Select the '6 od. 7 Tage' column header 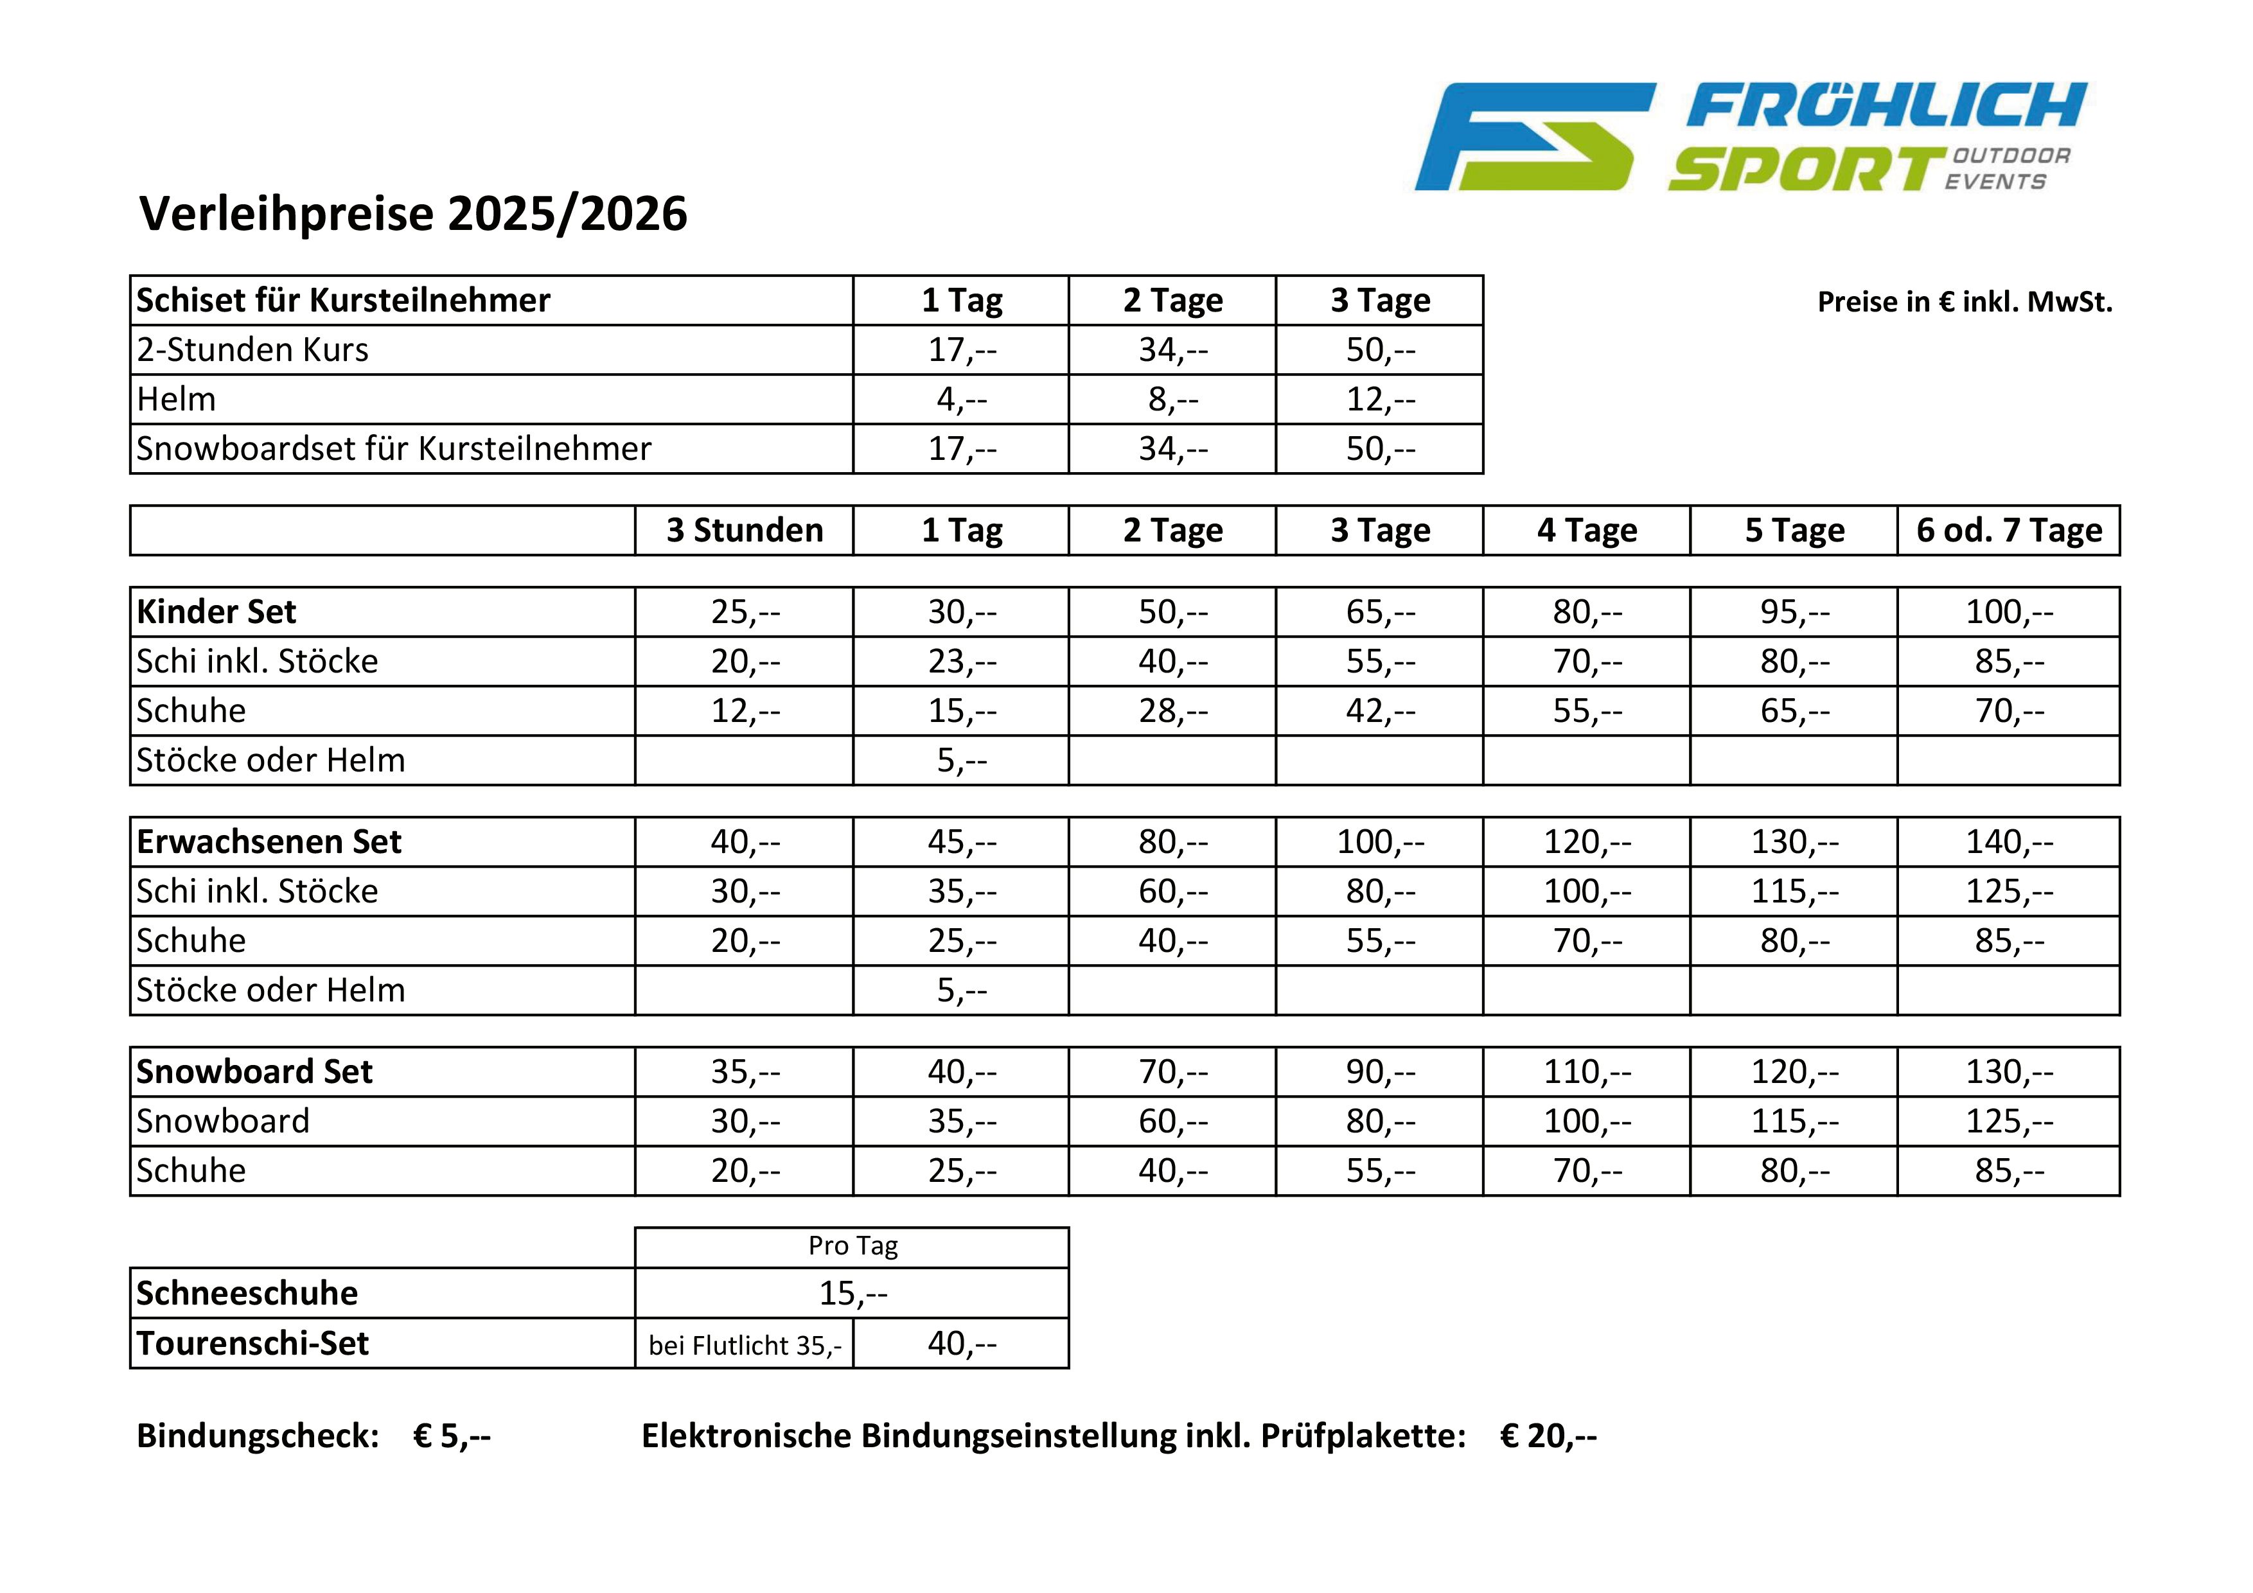[x=2009, y=531]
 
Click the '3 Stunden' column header [x=745, y=531]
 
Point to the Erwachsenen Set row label [x=269, y=841]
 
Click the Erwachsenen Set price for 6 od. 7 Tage [x=2009, y=841]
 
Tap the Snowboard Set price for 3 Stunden [x=745, y=1071]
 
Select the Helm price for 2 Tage [x=1172, y=400]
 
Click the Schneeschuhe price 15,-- [x=853, y=1293]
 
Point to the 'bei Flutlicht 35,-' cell [x=745, y=1345]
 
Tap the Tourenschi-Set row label [x=252, y=1343]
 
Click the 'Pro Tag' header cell [x=853, y=1245]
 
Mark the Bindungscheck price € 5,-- [x=452, y=1436]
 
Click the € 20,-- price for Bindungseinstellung [x=1548, y=1436]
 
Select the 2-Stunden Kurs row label [x=252, y=350]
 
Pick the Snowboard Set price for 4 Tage [x=1587, y=1071]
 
